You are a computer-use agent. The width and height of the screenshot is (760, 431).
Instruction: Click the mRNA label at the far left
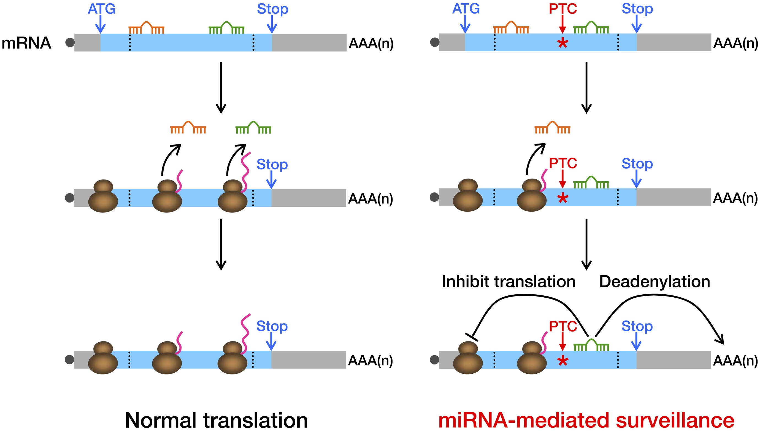[26, 43]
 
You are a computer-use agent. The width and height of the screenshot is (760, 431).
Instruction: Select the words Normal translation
[216, 420]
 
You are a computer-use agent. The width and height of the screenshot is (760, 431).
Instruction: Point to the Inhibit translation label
[508, 282]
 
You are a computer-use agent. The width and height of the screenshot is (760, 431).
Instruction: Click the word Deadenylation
[654, 282]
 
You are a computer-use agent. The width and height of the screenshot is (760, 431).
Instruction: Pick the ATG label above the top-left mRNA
[101, 9]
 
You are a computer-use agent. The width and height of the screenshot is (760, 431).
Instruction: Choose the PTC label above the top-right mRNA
[563, 9]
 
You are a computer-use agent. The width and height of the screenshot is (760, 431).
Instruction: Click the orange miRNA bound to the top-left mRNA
[146, 28]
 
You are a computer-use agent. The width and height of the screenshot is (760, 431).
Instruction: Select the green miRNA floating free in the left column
[253, 128]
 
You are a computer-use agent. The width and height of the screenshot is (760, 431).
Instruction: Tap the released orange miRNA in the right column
[552, 128]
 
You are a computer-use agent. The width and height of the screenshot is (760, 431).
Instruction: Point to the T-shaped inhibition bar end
[472, 337]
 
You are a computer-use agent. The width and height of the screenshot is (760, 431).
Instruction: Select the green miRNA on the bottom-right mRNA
[591, 345]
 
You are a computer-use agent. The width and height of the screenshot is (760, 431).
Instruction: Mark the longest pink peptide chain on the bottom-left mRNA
[245, 333]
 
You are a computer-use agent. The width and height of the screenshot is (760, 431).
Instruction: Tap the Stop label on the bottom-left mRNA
[272, 326]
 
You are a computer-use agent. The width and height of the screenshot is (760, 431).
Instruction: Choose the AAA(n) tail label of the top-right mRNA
[735, 43]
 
